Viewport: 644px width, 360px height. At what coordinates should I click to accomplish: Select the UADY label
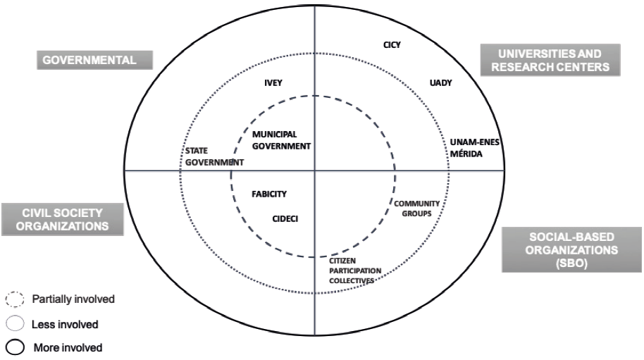pyautogui.click(x=440, y=83)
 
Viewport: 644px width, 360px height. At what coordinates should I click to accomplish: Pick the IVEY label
pyautogui.click(x=273, y=82)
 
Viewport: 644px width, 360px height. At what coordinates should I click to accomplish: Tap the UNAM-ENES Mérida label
pyautogui.click(x=474, y=147)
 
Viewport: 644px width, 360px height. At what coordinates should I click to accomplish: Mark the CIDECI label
pyautogui.click(x=285, y=219)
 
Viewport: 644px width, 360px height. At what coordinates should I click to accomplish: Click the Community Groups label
pyautogui.click(x=411, y=208)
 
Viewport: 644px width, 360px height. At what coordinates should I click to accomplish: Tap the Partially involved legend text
pyautogui.click(x=73, y=299)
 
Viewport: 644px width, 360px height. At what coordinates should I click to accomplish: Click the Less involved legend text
pyautogui.click(x=64, y=325)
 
